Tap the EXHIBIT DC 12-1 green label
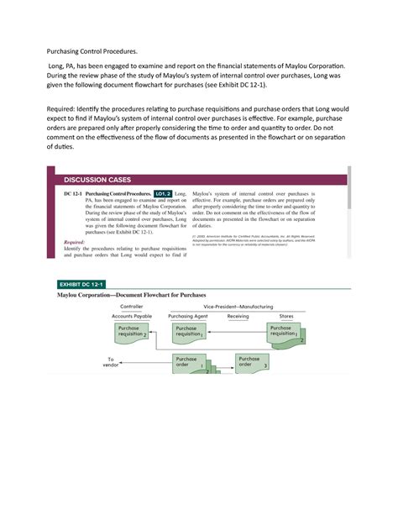tap(87, 285)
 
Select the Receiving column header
tap(238, 317)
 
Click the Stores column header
tap(286, 317)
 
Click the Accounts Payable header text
tap(131, 317)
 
